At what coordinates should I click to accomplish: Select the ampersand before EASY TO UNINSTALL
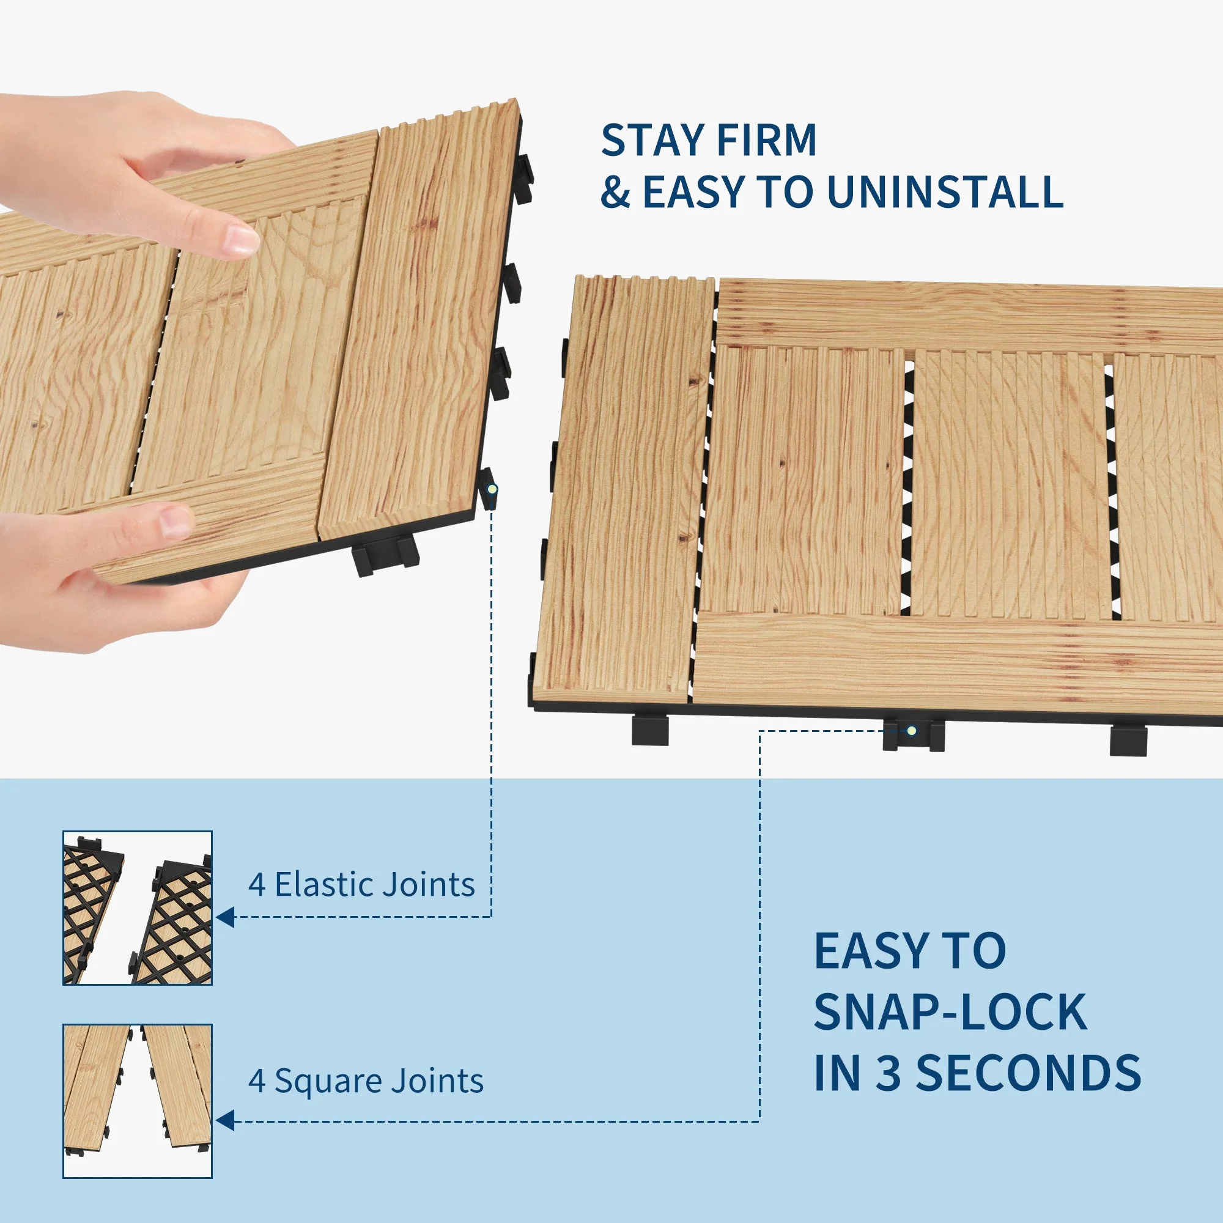point(615,192)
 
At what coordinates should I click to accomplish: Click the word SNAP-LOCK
point(951,1012)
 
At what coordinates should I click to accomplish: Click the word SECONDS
point(1029,1073)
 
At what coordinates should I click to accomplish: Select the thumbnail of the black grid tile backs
point(138,907)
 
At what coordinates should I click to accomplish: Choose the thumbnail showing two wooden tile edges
point(138,1101)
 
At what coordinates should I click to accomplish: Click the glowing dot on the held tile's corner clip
point(491,489)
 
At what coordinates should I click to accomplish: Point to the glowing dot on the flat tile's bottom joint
point(912,731)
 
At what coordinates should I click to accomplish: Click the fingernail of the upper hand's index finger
point(242,241)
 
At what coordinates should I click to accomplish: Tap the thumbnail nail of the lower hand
point(177,523)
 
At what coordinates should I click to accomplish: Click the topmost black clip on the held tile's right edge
point(523,179)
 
